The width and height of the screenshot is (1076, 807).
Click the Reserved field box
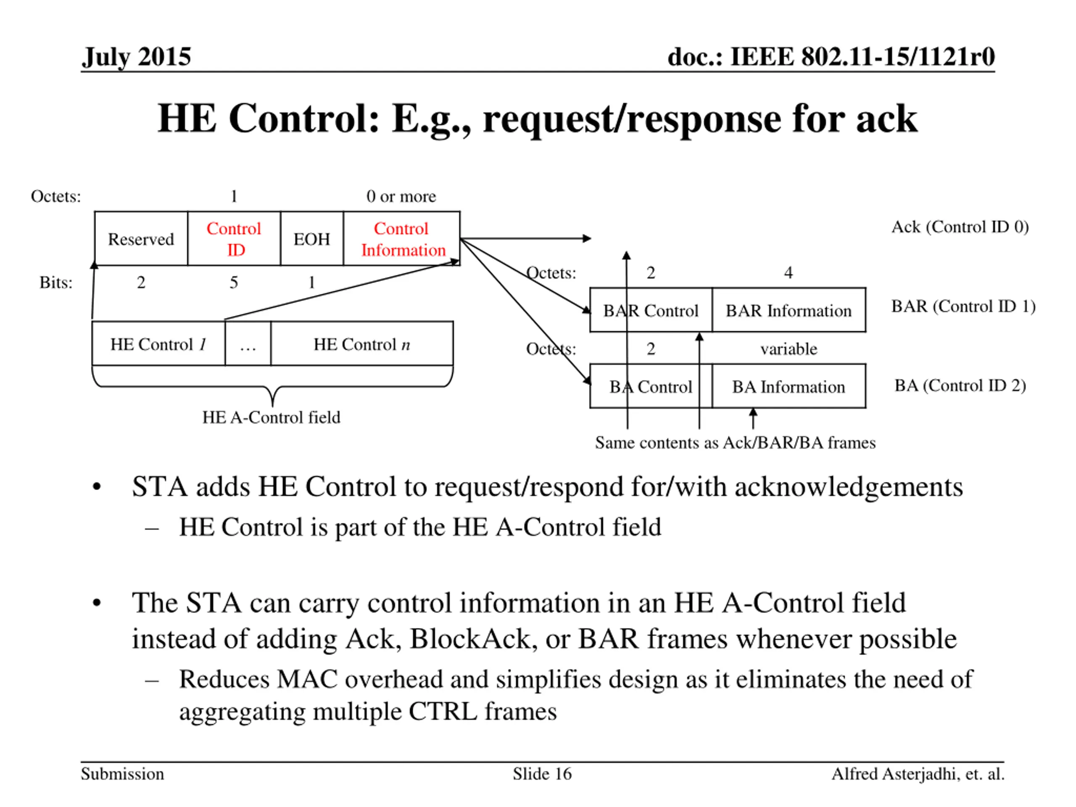pyautogui.click(x=140, y=239)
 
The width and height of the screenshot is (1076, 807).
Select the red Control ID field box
pyautogui.click(x=234, y=239)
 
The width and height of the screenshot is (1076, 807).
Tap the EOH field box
pyautogui.click(x=311, y=239)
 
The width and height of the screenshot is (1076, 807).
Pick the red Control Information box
pyautogui.click(x=402, y=239)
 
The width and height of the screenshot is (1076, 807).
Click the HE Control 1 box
pyautogui.click(x=158, y=344)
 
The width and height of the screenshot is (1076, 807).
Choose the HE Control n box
pyautogui.click(x=361, y=344)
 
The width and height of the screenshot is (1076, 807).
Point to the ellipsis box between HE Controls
pyautogui.click(x=248, y=344)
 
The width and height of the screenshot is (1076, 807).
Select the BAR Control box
pyautogui.click(x=650, y=310)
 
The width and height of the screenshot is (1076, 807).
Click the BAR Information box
pyautogui.click(x=789, y=310)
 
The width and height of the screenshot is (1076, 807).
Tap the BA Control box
pyautogui.click(x=650, y=387)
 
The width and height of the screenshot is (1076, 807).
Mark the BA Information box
pyautogui.click(x=789, y=387)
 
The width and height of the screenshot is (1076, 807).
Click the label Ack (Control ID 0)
pyautogui.click(x=960, y=227)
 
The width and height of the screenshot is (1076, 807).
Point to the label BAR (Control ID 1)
pyautogui.click(x=963, y=306)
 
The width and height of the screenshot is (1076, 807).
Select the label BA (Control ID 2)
pyautogui.click(x=960, y=385)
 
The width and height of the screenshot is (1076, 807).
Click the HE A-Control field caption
pyautogui.click(x=271, y=417)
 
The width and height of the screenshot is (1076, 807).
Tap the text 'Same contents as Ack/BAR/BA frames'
pyautogui.click(x=735, y=443)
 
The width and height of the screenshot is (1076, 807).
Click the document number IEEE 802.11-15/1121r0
pyautogui.click(x=831, y=56)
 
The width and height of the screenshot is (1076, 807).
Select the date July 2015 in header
pyautogui.click(x=136, y=56)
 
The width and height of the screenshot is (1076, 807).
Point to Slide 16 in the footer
pyautogui.click(x=542, y=773)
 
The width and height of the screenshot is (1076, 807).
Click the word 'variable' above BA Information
pyautogui.click(x=789, y=349)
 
